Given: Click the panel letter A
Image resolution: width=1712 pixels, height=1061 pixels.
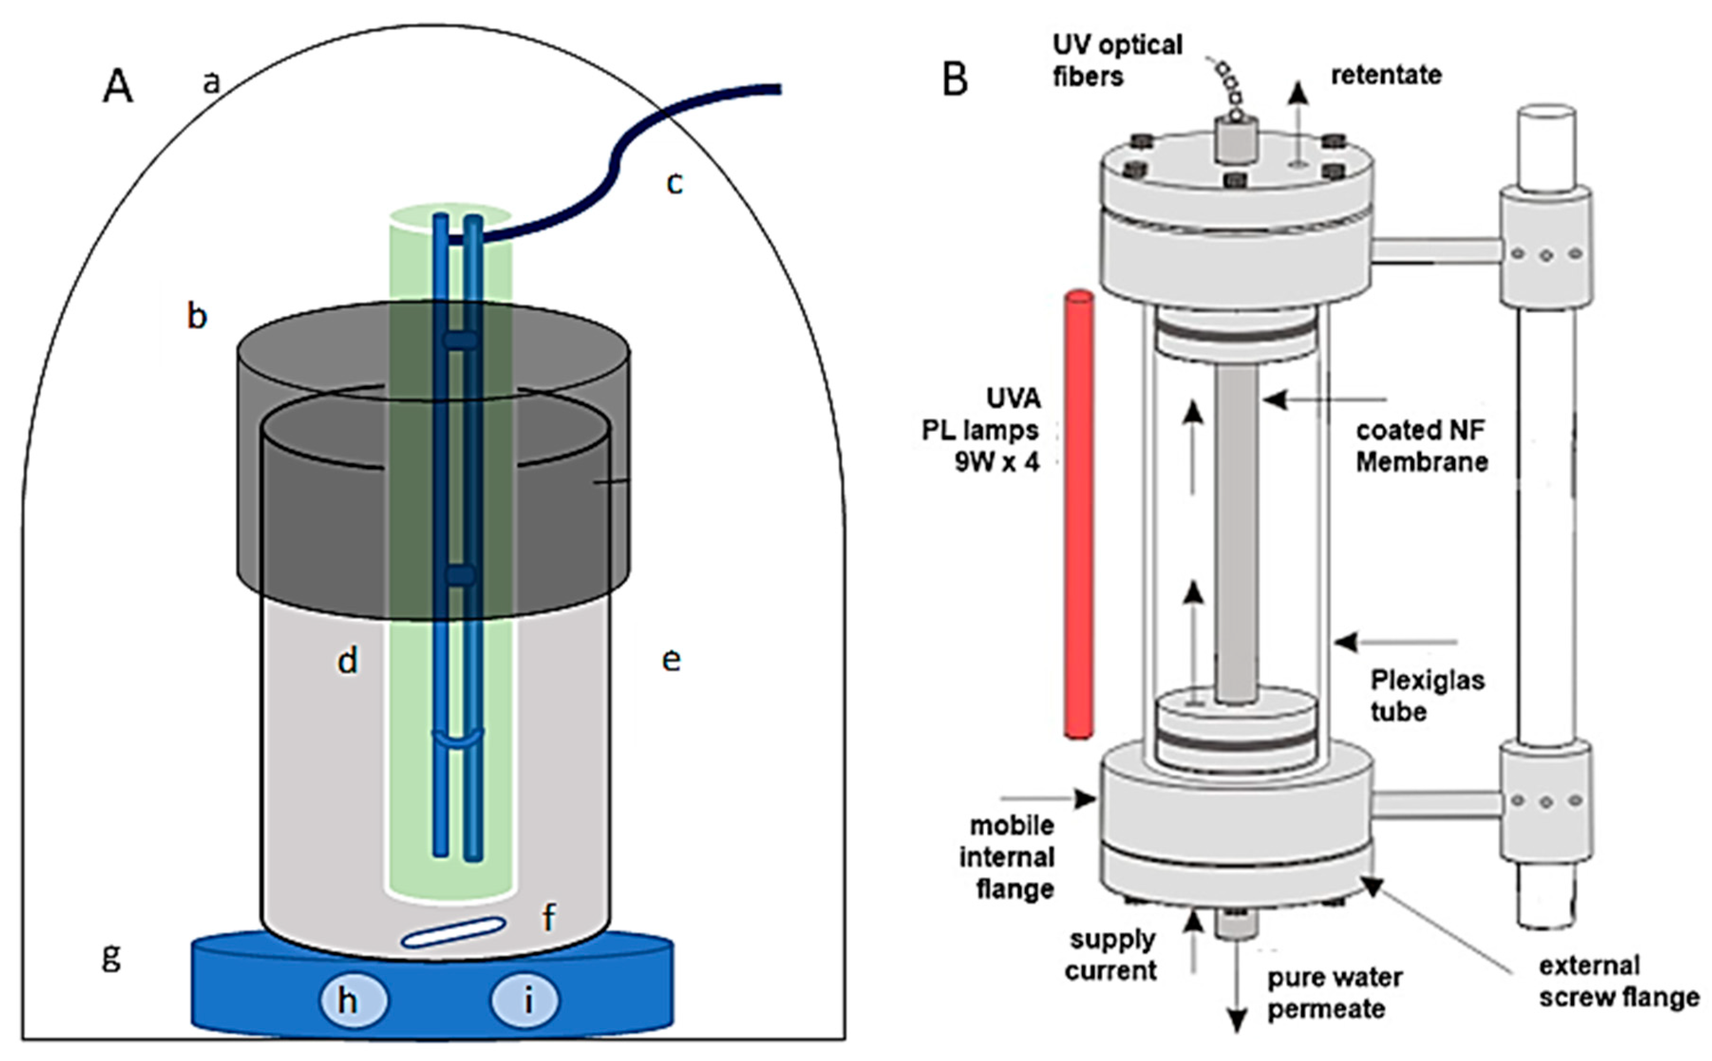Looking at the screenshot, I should pyautogui.click(x=117, y=88).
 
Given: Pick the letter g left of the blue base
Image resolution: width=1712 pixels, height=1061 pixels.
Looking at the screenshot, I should pyautogui.click(x=111, y=956).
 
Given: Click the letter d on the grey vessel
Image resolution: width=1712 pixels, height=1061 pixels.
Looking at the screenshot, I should pyautogui.click(x=348, y=660).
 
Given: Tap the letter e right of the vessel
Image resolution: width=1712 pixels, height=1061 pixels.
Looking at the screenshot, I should pyautogui.click(x=671, y=660).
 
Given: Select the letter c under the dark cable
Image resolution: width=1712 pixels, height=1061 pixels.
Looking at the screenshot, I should pyautogui.click(x=674, y=183).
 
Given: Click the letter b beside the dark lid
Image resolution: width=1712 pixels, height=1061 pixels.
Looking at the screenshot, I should pyautogui.click(x=197, y=316).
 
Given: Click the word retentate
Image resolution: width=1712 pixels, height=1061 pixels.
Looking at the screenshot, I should pyautogui.click(x=1385, y=74).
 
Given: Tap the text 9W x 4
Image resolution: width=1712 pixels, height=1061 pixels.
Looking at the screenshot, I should pyautogui.click(x=997, y=462).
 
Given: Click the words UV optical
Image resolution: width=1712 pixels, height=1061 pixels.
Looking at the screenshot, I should pyautogui.click(x=1117, y=45).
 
